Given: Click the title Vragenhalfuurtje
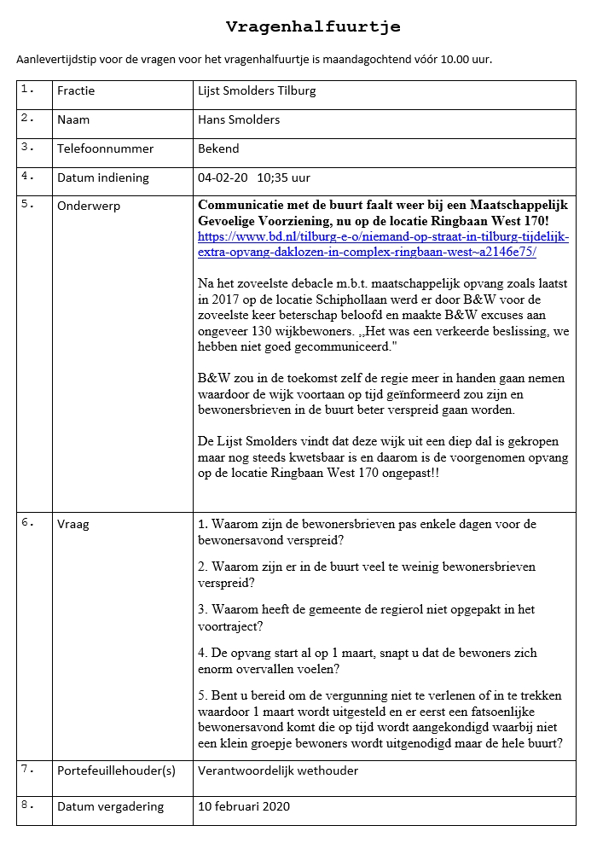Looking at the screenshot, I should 313,27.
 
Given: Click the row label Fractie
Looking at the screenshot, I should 76,91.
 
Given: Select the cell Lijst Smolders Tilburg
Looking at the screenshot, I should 257,91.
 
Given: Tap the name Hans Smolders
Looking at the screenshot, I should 239,119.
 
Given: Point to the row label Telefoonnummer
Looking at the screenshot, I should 105,148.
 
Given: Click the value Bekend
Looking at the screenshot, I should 218,148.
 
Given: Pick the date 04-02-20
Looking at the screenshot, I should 223,177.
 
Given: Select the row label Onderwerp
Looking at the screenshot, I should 89,206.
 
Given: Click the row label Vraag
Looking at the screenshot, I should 73,524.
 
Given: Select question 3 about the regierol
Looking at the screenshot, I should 366,617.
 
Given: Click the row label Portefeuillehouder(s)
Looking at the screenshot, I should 116,770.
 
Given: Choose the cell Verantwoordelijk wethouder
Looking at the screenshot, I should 278,770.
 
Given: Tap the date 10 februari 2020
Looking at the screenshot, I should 244,806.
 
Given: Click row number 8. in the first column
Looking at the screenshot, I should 28,805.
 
